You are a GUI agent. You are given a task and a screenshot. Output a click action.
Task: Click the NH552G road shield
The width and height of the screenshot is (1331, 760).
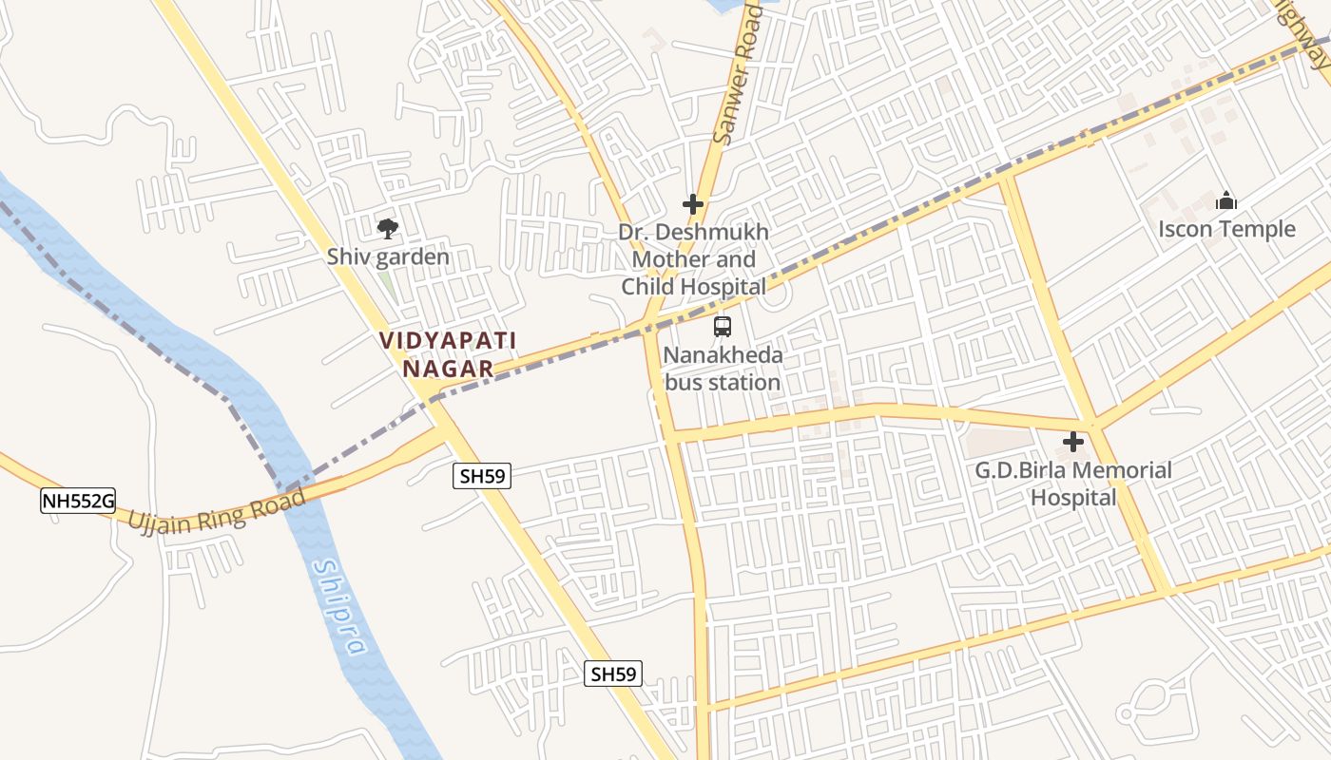[x=78, y=501]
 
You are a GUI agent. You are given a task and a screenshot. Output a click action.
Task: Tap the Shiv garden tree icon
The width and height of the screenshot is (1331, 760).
[x=387, y=229]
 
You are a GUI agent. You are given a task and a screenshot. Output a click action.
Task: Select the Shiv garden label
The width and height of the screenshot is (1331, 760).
[x=388, y=256]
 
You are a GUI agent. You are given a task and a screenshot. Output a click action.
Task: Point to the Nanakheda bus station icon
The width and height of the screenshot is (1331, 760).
[x=723, y=327]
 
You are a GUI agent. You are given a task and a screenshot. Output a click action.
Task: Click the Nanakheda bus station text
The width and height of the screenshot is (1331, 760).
[x=723, y=370]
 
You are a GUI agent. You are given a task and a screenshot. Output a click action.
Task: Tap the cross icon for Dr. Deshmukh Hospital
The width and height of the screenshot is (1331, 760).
[x=693, y=204]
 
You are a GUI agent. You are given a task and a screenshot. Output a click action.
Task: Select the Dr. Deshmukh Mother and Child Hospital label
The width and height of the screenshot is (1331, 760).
[x=693, y=259]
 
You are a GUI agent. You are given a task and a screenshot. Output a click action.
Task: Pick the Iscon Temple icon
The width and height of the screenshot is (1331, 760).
[x=1226, y=201]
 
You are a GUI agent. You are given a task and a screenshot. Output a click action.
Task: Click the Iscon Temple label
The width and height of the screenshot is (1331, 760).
[x=1226, y=229]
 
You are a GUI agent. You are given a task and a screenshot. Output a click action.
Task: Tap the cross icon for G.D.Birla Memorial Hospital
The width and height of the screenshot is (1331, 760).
[x=1073, y=442]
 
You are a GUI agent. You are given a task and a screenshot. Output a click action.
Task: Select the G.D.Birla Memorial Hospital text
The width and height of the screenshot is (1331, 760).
[x=1073, y=484]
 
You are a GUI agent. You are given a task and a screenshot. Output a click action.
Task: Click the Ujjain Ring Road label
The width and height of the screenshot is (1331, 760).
[x=217, y=510]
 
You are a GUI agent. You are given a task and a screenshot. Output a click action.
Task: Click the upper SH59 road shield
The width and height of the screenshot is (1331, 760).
[x=481, y=476]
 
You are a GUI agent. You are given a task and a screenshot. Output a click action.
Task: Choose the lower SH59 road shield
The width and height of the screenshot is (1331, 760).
[x=613, y=674]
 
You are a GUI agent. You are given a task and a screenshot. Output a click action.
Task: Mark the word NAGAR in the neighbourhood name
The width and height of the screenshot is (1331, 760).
[x=448, y=369]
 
